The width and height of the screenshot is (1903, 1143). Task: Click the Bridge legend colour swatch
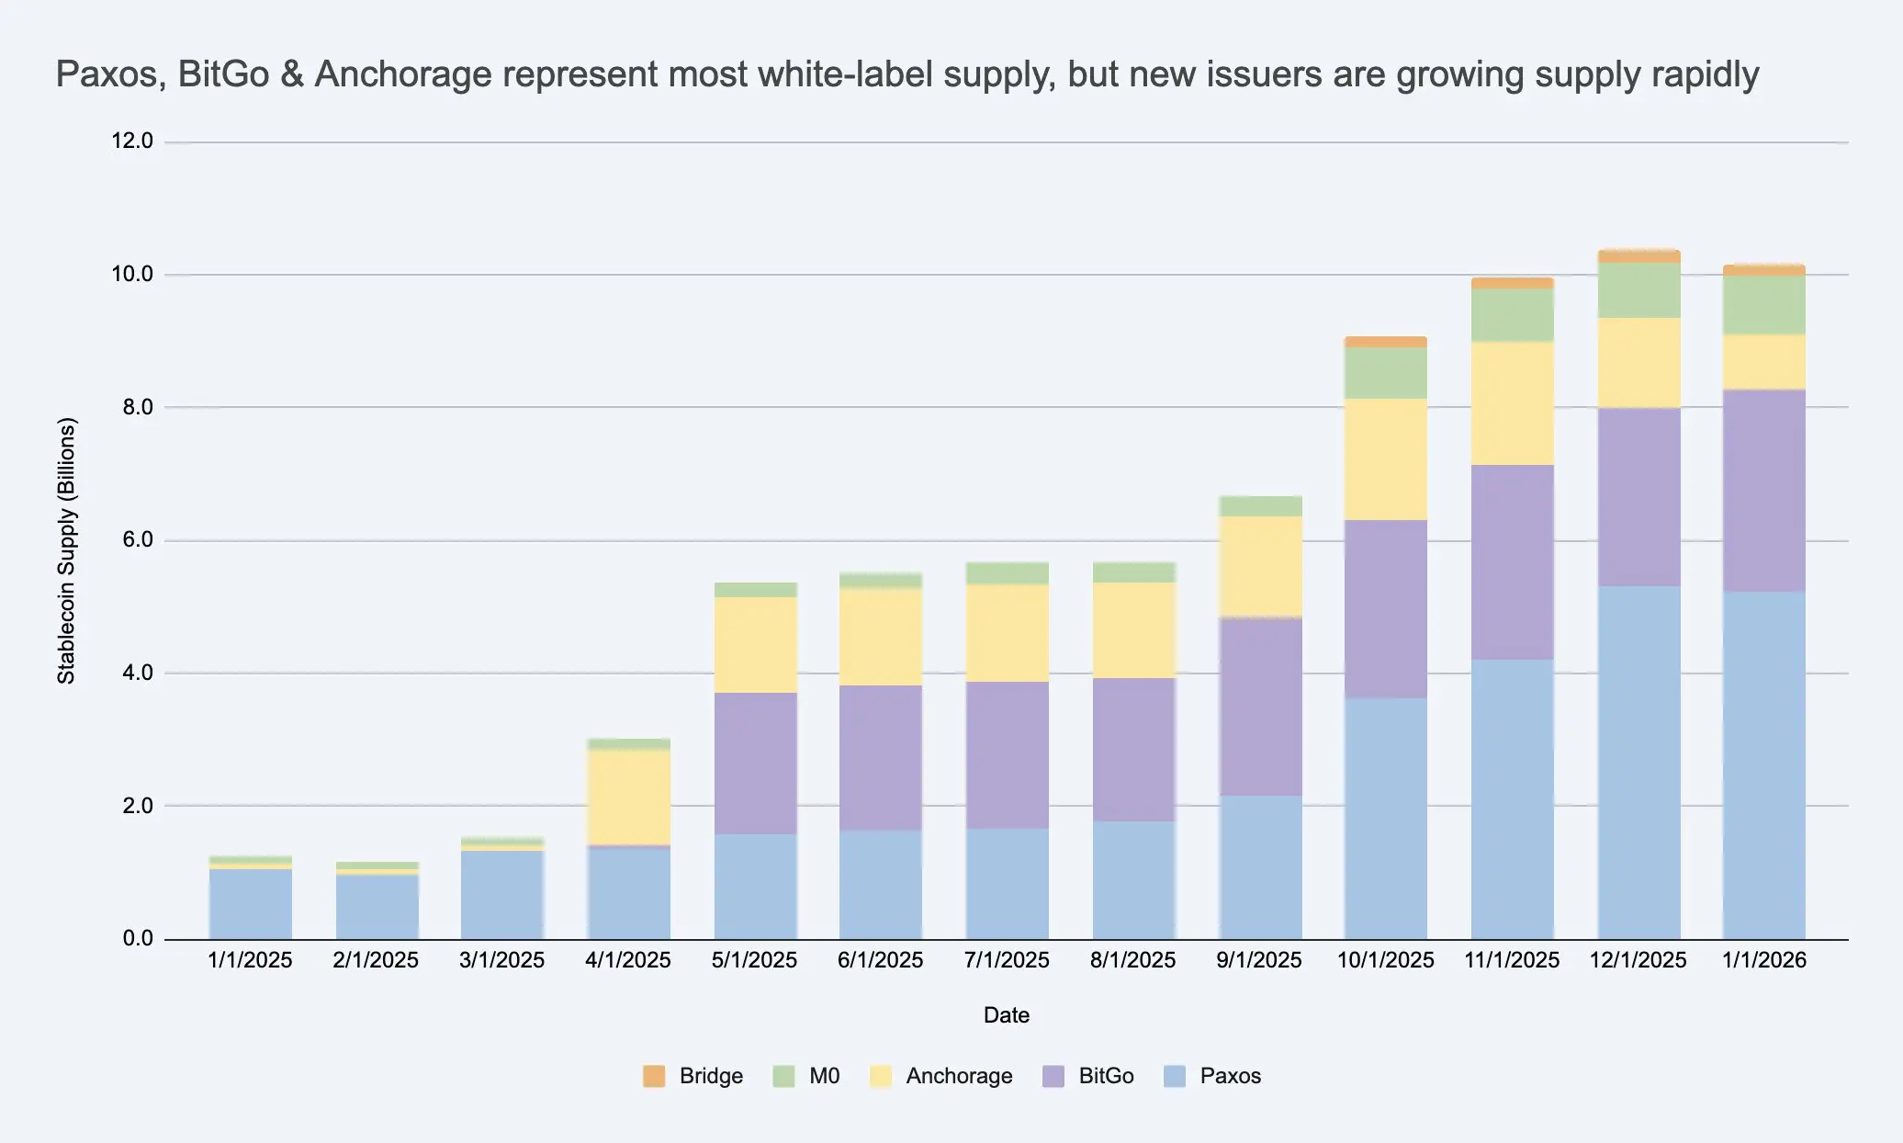pos(654,1076)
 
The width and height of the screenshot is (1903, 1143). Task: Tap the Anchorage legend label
pos(959,1076)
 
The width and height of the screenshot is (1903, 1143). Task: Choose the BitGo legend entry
pos(1106,1076)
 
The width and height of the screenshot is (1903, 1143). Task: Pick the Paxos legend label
pos(1230,1076)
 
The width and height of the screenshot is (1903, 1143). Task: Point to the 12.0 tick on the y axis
pos(132,141)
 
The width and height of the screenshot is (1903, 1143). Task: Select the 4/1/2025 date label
pos(628,960)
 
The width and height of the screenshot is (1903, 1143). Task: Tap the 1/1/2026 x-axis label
pos(1763,960)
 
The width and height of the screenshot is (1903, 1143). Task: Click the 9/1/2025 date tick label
pos(1259,960)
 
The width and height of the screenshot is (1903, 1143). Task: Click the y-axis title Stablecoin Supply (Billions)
pos(67,551)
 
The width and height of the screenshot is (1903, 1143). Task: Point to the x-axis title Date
pos(1006,1015)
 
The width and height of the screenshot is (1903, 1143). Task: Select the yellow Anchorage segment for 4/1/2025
pos(629,797)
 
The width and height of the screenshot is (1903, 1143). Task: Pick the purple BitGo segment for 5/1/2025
pos(755,763)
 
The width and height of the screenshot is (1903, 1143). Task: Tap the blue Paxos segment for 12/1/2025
pos(1638,763)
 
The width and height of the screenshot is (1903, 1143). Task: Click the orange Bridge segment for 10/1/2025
pos(1385,342)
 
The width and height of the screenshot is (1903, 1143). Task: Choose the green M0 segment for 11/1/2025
pos(1512,315)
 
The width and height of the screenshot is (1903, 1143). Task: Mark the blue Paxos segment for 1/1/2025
pos(251,903)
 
